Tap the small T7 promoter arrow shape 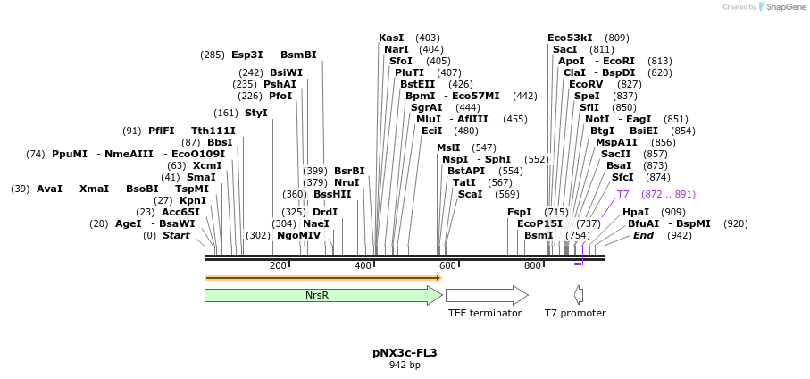(x=579, y=295)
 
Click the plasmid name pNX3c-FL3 (x=405, y=353)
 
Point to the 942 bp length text (x=405, y=366)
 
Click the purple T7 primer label (x=623, y=194)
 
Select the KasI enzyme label (x=391, y=38)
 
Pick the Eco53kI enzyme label (x=570, y=38)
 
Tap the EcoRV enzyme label (x=586, y=84)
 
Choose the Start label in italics (x=176, y=235)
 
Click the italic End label (x=643, y=235)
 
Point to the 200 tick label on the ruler (x=277, y=266)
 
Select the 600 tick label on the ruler (x=447, y=266)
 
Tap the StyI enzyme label (x=256, y=113)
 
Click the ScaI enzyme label (x=470, y=194)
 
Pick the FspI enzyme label (x=519, y=212)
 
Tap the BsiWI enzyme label (x=286, y=72)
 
